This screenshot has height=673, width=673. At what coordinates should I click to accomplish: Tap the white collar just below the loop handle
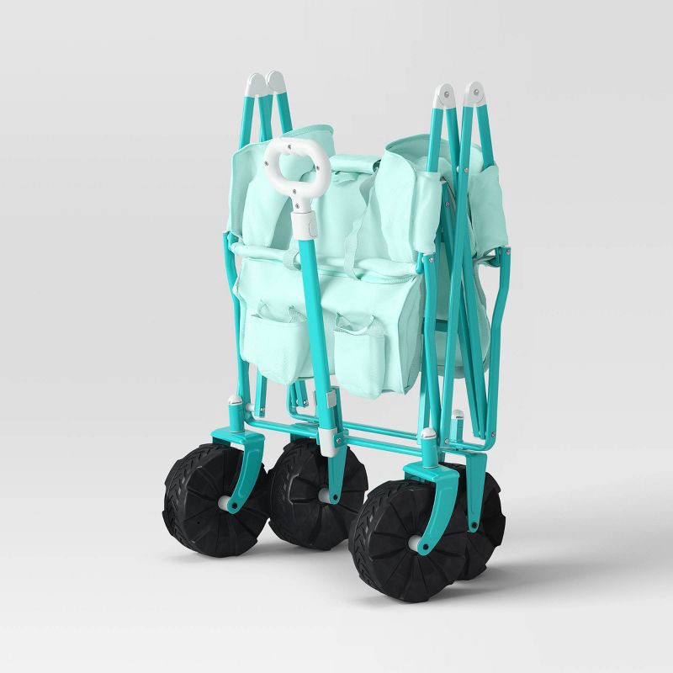tap(304, 223)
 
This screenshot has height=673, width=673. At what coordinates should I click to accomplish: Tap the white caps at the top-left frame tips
tap(266, 84)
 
